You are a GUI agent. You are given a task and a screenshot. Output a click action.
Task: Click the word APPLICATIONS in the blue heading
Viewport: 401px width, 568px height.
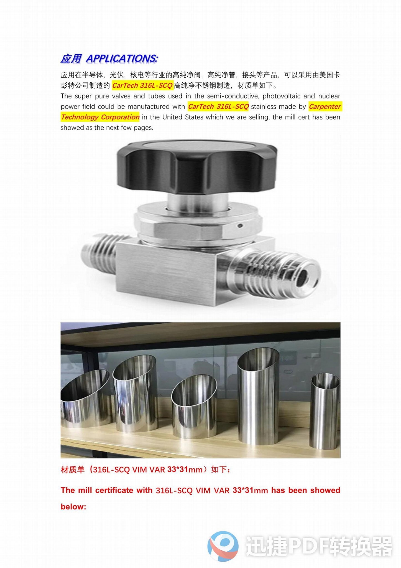click(x=122, y=59)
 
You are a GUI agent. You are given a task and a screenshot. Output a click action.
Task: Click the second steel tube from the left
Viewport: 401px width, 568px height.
click(x=136, y=394)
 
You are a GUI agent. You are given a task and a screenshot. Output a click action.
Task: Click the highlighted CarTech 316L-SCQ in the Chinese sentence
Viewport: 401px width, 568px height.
click(x=142, y=85)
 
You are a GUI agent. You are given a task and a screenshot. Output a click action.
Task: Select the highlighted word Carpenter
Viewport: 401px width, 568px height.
click(x=325, y=106)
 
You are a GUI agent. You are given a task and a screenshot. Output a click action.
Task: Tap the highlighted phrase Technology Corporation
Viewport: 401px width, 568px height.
click(x=100, y=117)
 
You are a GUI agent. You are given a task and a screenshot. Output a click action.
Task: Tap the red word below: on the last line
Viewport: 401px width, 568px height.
click(x=73, y=507)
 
